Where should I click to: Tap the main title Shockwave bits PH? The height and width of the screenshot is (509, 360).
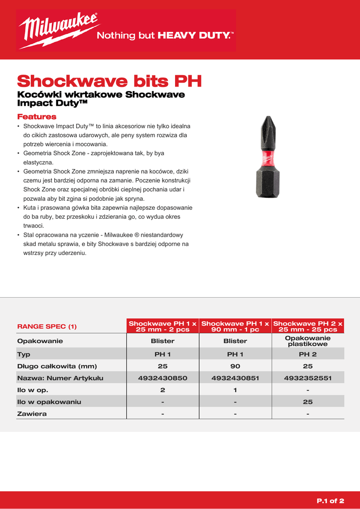109,81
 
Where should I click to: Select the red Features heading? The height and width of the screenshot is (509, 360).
37,117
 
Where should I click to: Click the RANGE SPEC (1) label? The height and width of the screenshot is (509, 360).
47,327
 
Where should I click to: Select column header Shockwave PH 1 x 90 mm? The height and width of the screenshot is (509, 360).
235,326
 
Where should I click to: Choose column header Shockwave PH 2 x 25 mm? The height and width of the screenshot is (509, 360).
308,326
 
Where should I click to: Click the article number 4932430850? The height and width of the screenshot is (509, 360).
163,378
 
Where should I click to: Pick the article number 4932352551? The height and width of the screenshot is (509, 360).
308,378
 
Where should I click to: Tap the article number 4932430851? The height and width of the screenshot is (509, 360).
235,378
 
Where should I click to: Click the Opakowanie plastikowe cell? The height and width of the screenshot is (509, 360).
308,341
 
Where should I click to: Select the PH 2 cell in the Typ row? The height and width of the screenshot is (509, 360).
308,354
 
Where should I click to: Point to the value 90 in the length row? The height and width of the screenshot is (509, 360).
235,366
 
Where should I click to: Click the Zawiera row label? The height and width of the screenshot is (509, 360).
32,414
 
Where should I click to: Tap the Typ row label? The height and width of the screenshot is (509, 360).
24,354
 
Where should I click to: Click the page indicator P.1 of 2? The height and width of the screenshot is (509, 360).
330,501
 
